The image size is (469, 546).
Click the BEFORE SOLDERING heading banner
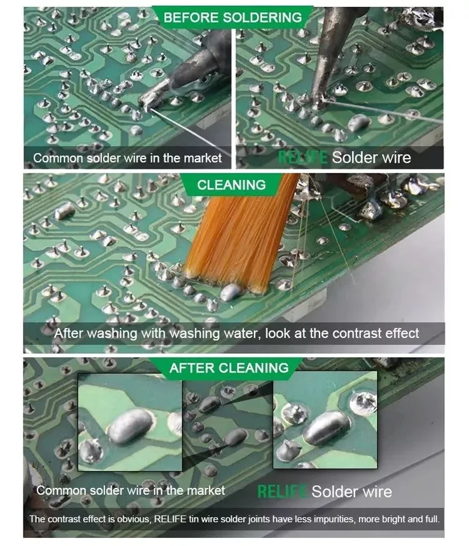233,17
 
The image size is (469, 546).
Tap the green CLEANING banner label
232,185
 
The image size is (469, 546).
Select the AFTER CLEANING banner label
229,368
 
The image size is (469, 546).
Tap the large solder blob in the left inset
130,426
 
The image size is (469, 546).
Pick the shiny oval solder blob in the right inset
327,427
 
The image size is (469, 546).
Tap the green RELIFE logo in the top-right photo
303,158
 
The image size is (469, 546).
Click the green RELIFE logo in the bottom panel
282,492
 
